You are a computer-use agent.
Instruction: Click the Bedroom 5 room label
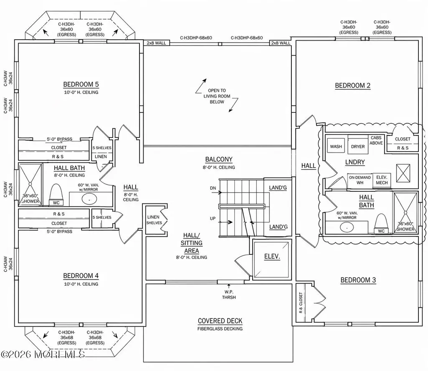(x=81, y=84)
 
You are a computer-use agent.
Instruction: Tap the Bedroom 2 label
(x=353, y=86)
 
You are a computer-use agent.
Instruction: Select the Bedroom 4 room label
(x=81, y=276)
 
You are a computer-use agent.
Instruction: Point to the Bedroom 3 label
(x=358, y=280)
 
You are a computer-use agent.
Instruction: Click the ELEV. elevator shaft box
(x=271, y=259)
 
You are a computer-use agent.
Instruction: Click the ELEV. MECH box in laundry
(x=382, y=180)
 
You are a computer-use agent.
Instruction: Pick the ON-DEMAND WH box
(x=360, y=180)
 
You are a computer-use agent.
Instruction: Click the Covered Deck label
(x=220, y=321)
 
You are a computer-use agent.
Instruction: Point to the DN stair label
(x=213, y=188)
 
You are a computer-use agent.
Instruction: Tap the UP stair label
(x=213, y=219)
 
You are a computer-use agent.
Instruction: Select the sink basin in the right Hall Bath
(x=347, y=227)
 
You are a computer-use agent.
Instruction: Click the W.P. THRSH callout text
(x=229, y=295)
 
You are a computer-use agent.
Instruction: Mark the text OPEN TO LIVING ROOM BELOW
(x=217, y=96)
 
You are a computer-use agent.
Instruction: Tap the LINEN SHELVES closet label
(x=154, y=220)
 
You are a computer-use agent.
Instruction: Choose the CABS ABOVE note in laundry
(x=376, y=140)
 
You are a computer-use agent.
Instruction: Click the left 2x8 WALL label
(x=156, y=43)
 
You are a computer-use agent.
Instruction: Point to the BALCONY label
(x=219, y=159)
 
